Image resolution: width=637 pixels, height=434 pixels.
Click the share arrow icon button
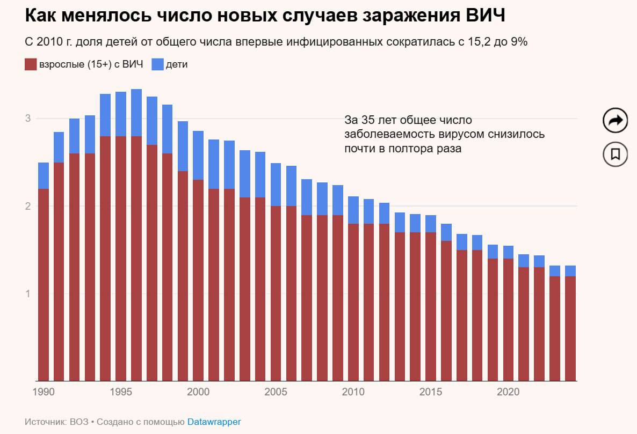coord(615,120)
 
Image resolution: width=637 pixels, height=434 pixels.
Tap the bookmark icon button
coord(615,154)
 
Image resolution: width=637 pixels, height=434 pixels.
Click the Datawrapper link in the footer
coord(214,422)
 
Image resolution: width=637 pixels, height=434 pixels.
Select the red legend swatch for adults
coord(30,64)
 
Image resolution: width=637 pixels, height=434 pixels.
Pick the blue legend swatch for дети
coord(157,64)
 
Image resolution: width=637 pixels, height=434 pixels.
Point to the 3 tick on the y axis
coord(28,119)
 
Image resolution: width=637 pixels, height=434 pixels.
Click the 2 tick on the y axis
coord(28,206)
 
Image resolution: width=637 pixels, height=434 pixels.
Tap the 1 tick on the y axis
coord(28,293)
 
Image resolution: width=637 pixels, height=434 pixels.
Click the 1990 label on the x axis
coord(44,392)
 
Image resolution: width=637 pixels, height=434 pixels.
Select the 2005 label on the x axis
coord(276,392)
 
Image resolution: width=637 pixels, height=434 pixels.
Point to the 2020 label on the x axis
coord(508,392)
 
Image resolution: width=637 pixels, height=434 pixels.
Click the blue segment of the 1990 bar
coord(44,175)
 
